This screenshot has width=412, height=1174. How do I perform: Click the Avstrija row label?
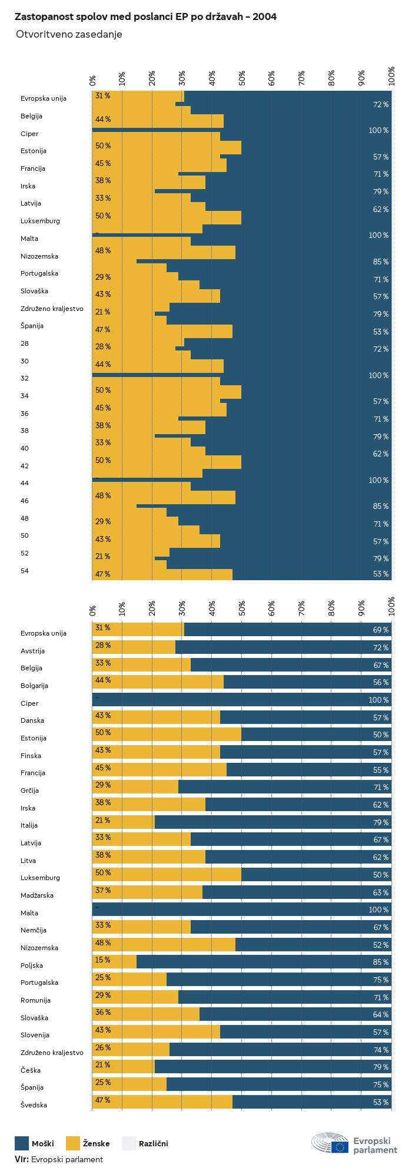pyautogui.click(x=32, y=651)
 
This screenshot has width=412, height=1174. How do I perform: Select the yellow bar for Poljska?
pyautogui.click(x=114, y=962)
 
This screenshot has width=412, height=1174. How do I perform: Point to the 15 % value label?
pyautogui.click(x=102, y=960)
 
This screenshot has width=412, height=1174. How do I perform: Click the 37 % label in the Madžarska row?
pyautogui.click(x=102, y=890)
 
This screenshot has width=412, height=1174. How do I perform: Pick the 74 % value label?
pyautogui.click(x=380, y=1050)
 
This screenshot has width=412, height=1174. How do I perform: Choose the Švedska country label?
pyautogui.click(x=34, y=1105)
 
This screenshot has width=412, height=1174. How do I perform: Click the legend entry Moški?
pyautogui.click(x=42, y=1143)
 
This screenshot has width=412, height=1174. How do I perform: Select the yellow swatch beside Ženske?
pyautogui.click(x=72, y=1143)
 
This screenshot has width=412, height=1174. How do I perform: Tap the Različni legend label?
pyautogui.click(x=153, y=1143)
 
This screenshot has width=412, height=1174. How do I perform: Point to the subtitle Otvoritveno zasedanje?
pyautogui.click(x=69, y=34)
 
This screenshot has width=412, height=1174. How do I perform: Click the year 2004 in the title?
pyautogui.click(x=264, y=17)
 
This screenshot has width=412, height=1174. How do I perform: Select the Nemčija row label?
pyautogui.click(x=34, y=930)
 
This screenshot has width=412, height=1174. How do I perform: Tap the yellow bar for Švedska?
pyautogui.click(x=162, y=1102)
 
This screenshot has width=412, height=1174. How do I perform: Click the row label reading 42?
pyautogui.click(x=25, y=466)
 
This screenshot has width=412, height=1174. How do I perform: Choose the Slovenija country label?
pyautogui.click(x=35, y=1035)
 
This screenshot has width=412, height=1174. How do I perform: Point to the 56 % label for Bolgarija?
pyautogui.click(x=380, y=682)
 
